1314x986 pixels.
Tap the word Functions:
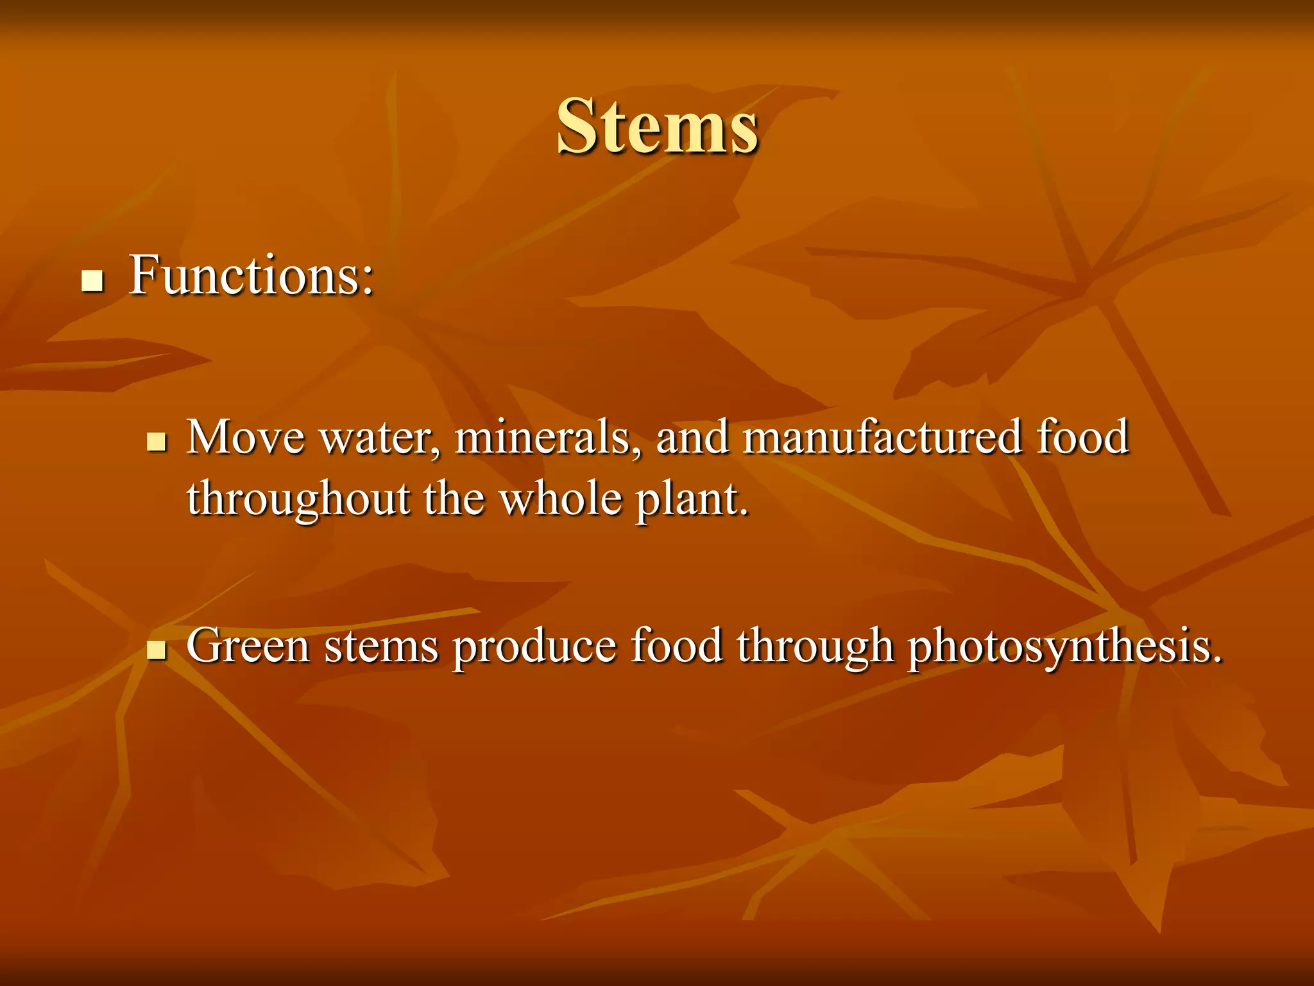tap(251, 275)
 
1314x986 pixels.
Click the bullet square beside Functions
tap(93, 281)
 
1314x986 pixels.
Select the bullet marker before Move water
tap(156, 442)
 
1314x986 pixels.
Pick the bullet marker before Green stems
tap(156, 650)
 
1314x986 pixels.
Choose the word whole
tap(561, 498)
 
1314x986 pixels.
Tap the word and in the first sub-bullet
tap(692, 437)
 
